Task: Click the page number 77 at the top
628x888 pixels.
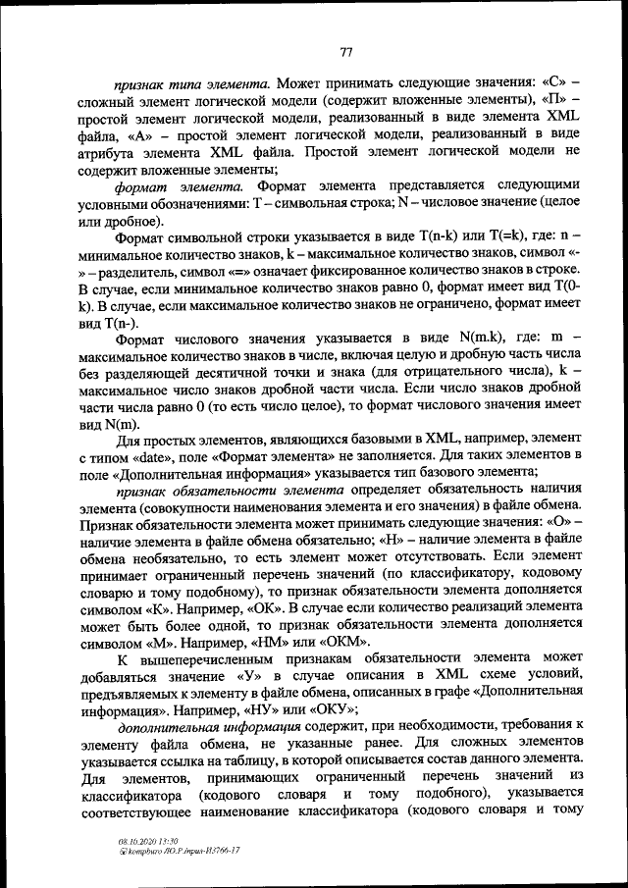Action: click(346, 52)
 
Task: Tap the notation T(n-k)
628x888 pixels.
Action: click(436, 237)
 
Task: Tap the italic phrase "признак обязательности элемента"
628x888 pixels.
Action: click(228, 493)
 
